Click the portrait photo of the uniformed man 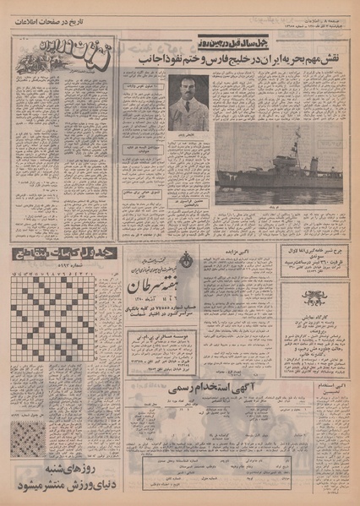pyautogui.click(x=188, y=102)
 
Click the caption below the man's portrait pyautogui.click(x=188, y=135)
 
